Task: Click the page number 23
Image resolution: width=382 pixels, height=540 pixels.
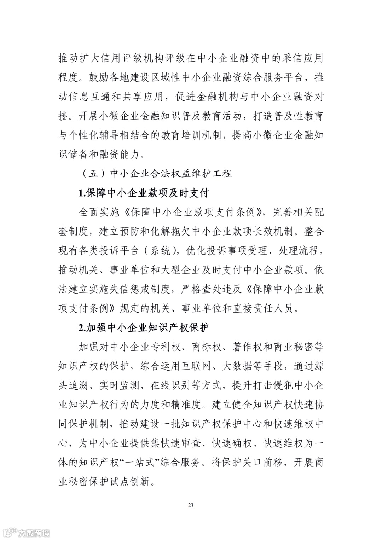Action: click(191, 505)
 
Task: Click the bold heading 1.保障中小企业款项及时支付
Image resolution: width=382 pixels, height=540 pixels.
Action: click(144, 193)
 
